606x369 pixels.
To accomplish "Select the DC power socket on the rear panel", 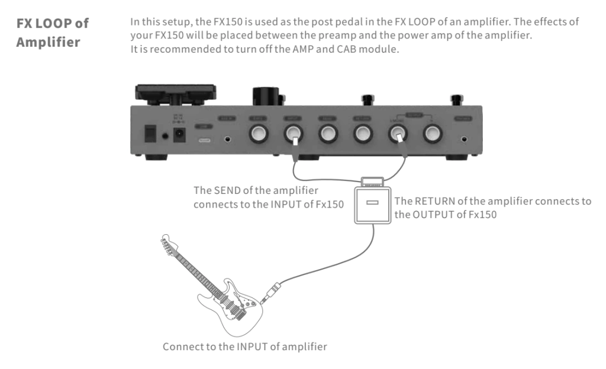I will click(x=180, y=135).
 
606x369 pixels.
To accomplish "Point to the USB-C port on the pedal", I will click(x=204, y=140).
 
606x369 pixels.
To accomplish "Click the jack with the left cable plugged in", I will click(x=293, y=135).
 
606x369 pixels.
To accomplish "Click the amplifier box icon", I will click(x=372, y=203).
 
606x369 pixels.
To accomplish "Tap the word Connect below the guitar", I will click(x=182, y=347).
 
